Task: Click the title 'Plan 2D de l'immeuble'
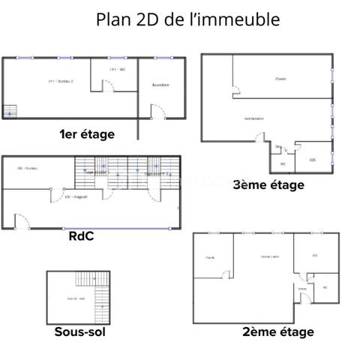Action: click(187, 19)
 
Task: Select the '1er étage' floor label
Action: click(87, 134)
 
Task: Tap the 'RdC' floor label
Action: click(80, 236)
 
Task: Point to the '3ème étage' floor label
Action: click(268, 184)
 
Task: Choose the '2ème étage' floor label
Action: click(277, 331)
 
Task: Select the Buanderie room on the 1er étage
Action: click(160, 85)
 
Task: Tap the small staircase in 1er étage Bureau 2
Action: click(10, 111)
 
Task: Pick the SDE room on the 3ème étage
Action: click(313, 159)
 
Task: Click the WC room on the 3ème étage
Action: click(283, 163)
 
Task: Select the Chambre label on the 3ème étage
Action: click(280, 78)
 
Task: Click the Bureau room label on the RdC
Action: click(28, 168)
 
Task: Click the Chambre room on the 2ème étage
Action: click(210, 258)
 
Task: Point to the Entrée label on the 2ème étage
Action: click(302, 288)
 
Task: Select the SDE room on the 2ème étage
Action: click(314, 255)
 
